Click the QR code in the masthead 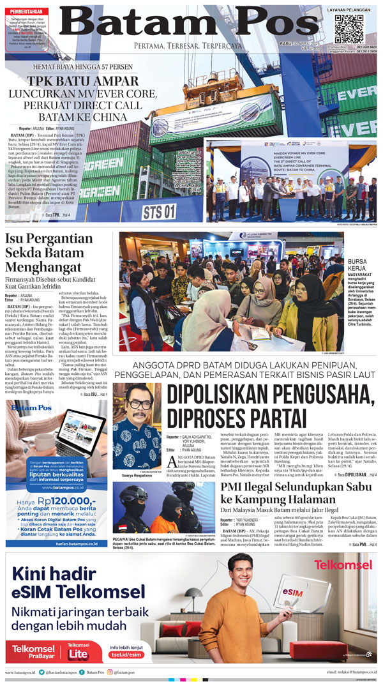tap(349, 29)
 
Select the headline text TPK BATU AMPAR tap(82, 82)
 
